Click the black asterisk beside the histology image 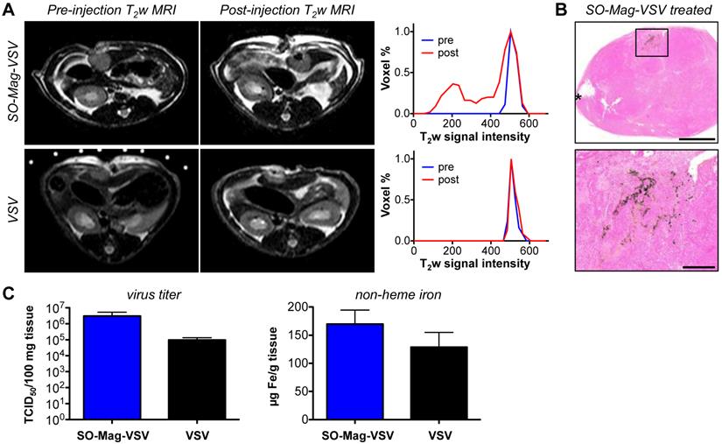click(578, 98)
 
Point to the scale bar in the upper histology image click(697, 139)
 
